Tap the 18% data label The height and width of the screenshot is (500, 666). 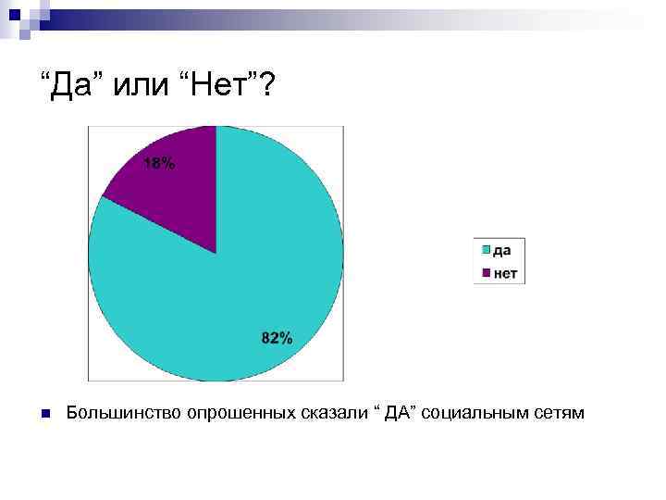tap(158, 165)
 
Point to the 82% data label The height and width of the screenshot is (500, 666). tap(277, 339)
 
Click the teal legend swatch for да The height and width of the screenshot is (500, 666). tap(485, 249)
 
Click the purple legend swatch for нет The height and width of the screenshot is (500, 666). tap(485, 273)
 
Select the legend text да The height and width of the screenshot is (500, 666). tap(504, 249)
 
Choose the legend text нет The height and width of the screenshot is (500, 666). tap(506, 273)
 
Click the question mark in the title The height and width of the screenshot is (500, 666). tap(265, 86)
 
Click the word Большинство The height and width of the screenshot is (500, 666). tap(124, 412)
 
